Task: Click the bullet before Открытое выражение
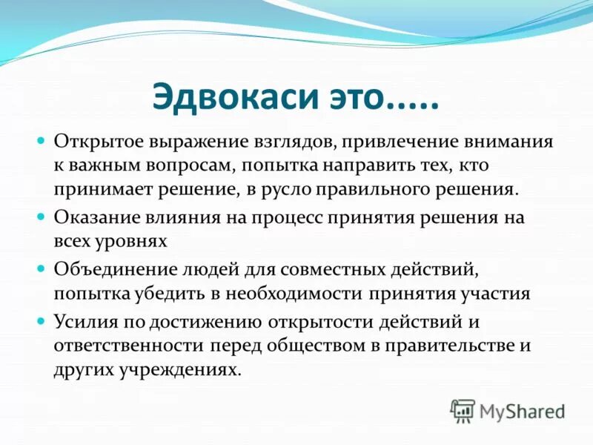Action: click(x=42, y=139)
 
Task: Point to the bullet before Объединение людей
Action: click(x=42, y=267)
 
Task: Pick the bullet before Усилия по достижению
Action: click(x=42, y=319)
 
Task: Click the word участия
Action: click(x=494, y=292)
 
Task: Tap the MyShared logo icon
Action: click(x=462, y=409)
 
